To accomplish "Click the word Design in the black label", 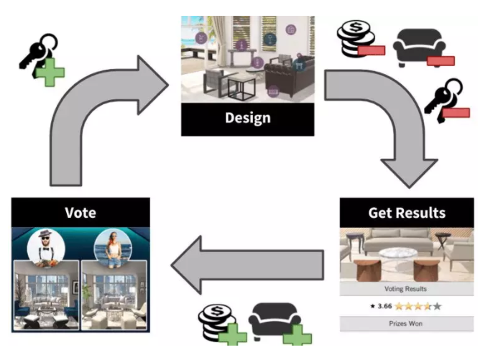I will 247,119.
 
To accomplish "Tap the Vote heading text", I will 80,213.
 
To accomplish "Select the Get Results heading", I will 407,213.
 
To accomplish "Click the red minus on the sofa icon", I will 441,60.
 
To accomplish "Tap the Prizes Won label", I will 407,324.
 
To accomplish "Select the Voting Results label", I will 407,289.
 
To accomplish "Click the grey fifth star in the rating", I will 438,307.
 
